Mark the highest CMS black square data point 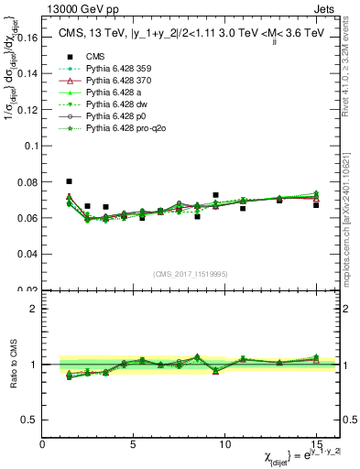coord(69,181)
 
